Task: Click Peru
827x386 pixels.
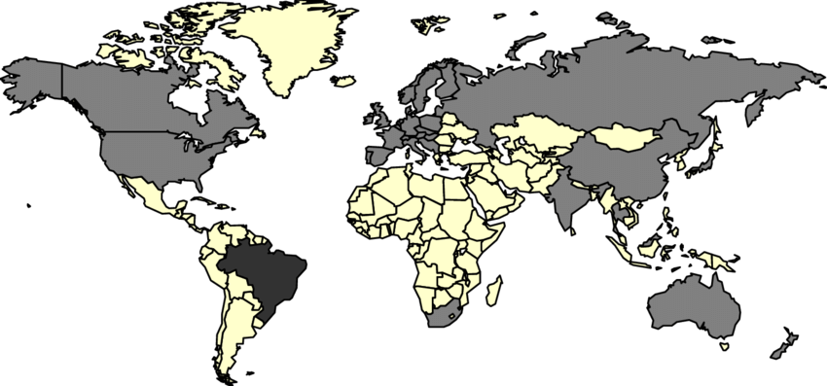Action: pyautogui.click(x=209, y=267)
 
